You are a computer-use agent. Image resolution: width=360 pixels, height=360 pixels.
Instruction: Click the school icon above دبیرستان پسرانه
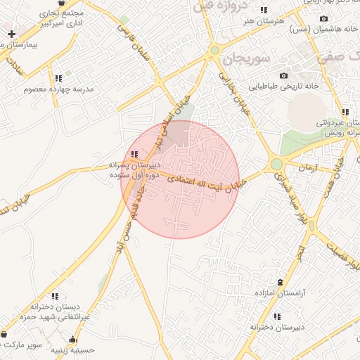pos(134,154)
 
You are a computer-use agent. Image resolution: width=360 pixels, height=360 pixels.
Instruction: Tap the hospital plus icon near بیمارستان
pos(11,33)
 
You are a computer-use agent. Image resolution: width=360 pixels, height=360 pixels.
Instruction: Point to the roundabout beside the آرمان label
pos(276,165)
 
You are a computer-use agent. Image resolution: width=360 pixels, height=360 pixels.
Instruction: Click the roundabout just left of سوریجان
pos(215,51)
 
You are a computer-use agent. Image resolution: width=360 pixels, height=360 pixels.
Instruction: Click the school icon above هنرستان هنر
pos(264,11)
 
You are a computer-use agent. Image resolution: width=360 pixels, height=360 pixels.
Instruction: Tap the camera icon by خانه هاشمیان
pos(323,19)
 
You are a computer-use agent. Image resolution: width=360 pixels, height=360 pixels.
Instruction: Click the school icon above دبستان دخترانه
pos(55,297)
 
